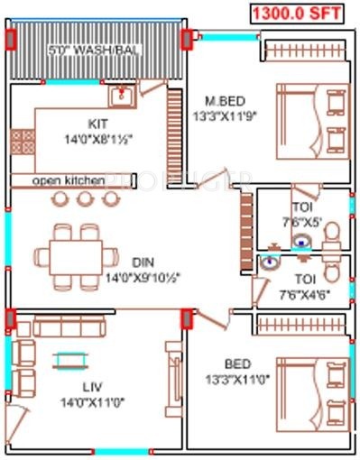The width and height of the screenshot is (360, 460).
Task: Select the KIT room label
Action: click(98, 124)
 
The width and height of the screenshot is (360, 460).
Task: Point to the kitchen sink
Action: click(121, 95)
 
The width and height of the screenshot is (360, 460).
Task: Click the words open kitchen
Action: click(69, 180)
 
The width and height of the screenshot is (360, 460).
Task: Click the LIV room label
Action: click(92, 387)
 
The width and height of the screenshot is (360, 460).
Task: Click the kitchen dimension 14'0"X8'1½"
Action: click(99, 138)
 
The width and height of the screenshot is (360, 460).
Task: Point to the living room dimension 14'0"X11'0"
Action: click(92, 401)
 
